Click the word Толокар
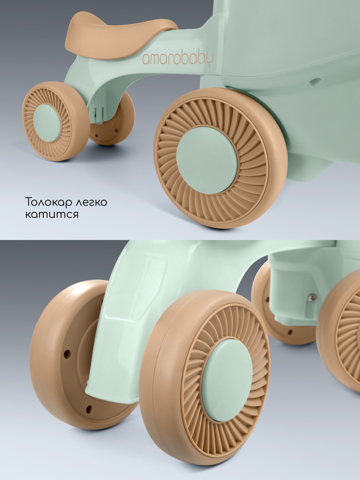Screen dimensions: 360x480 [x=49, y=202]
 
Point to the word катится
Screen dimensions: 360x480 [x=52, y=215]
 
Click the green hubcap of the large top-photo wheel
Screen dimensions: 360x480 [x=207, y=160]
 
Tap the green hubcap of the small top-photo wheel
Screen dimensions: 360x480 [x=47, y=123]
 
